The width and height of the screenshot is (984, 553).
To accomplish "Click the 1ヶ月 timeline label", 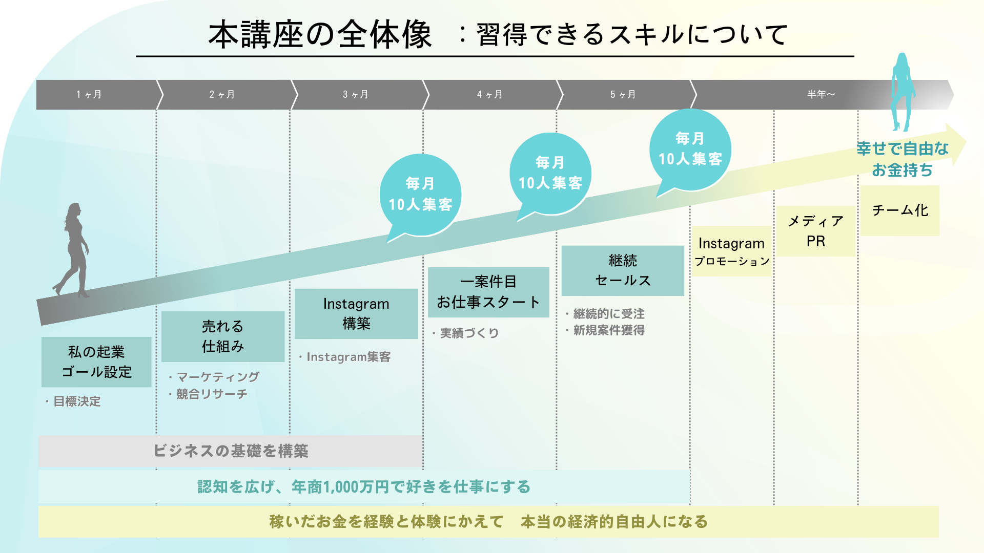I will pos(89,95).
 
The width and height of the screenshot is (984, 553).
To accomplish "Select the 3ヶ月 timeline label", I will pos(356,95).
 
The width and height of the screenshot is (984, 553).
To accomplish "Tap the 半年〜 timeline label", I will pos(821,95).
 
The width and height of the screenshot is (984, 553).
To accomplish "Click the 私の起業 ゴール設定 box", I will pos(96,361).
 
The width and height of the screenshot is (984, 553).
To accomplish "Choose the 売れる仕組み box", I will pos(222,336).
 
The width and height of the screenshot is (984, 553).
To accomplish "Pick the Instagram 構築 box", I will pos(356,313).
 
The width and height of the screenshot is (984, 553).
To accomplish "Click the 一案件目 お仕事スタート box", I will pos(488,292).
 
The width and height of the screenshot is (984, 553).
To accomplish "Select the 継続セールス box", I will pos(623,270).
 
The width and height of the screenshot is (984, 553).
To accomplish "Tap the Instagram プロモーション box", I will pos(731,251).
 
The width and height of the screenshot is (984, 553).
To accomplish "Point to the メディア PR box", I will pos(815,231).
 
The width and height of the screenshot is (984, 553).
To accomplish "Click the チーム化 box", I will pos(900,210).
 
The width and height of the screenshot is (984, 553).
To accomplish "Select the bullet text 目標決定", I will pos(77,401).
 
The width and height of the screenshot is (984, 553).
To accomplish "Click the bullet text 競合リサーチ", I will pos(212,394).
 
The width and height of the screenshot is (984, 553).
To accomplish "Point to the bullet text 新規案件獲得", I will pos(609,330).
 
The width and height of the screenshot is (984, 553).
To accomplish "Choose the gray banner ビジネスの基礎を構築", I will pos(231,451).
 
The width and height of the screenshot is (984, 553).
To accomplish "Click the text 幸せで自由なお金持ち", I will pos(903,159).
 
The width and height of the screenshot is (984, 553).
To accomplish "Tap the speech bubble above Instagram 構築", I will pos(420,195).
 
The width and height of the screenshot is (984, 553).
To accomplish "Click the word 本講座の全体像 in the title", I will pos(320,35).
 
